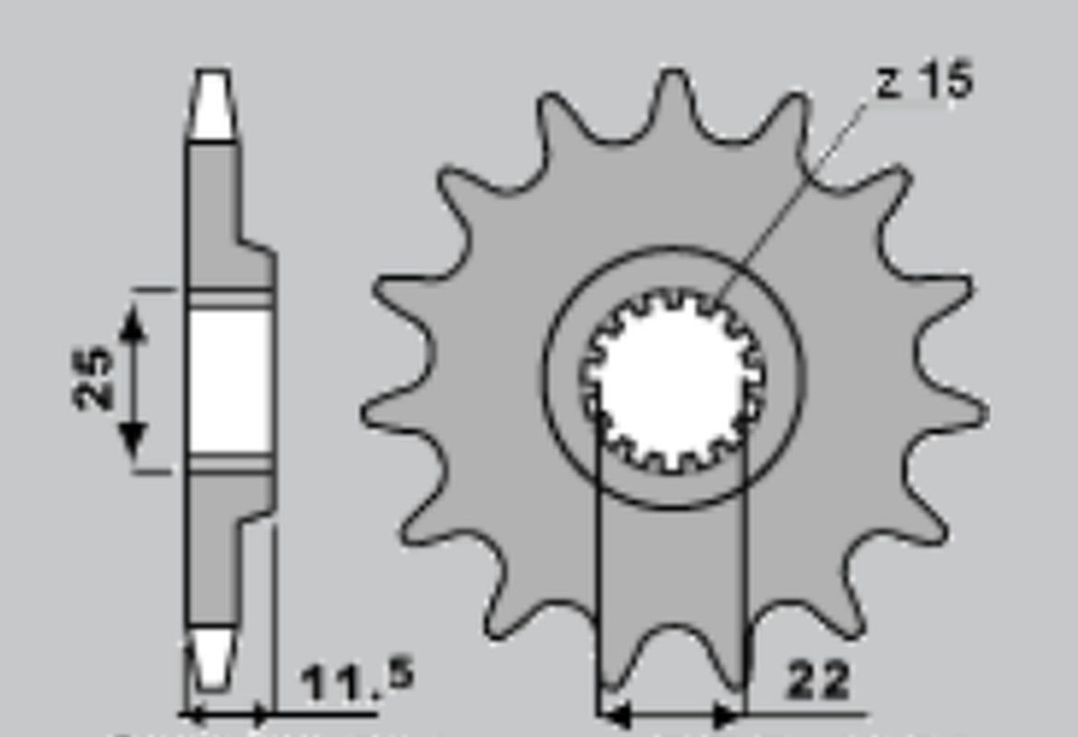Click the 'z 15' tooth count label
[924, 82]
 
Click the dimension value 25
[94, 378]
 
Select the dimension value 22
[819, 682]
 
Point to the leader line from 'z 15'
[792, 198]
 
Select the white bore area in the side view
[230, 380]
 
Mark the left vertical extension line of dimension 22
[599, 553]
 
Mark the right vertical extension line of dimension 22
[744, 553]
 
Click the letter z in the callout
[887, 84]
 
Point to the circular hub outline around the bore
[545, 378]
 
